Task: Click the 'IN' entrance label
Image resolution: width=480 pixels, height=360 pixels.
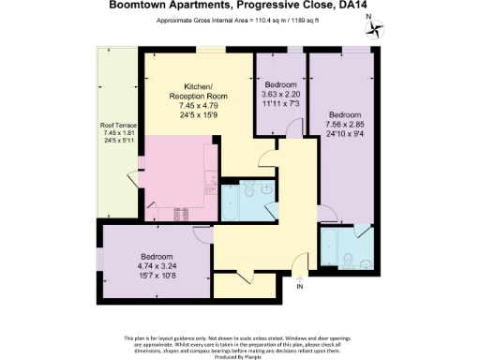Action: (x=300, y=286)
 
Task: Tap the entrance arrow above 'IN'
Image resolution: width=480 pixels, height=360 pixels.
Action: (x=300, y=275)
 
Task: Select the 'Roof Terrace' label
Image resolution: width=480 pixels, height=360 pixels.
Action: (x=119, y=125)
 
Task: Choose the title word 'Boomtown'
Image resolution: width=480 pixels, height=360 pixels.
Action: (x=141, y=5)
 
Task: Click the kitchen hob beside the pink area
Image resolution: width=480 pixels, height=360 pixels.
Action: (x=178, y=214)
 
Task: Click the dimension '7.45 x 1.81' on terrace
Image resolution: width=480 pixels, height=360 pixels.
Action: (x=119, y=133)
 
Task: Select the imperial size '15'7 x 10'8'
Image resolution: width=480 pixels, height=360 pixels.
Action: (x=157, y=275)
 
